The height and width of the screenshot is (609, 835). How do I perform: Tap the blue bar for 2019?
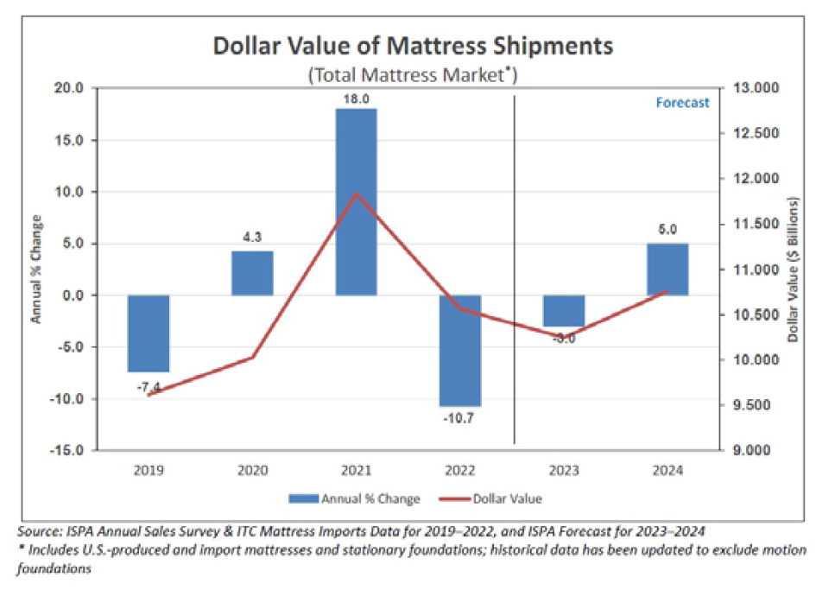click(149, 333)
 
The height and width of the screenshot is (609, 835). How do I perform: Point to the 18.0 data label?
click(356, 100)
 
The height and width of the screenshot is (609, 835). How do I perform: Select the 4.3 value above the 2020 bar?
click(252, 237)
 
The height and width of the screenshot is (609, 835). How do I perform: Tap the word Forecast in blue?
click(682, 103)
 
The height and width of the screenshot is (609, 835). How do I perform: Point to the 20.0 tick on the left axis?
click(68, 88)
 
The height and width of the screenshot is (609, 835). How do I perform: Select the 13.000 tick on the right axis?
click(756, 88)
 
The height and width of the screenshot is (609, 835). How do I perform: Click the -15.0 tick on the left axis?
click(66, 450)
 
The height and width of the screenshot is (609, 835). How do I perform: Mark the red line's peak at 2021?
click(356, 193)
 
